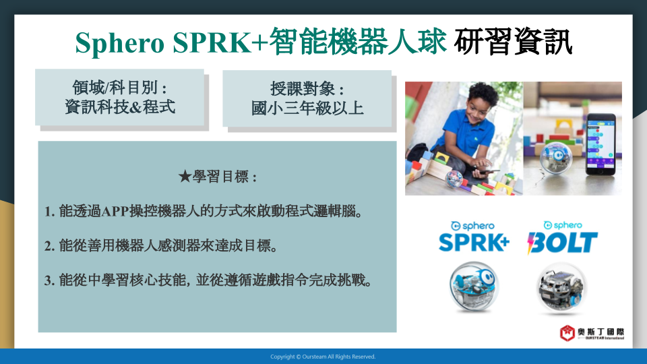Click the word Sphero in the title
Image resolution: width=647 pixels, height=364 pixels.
pyautogui.click(x=120, y=42)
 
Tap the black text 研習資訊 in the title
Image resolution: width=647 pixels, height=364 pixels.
pyautogui.click(x=513, y=41)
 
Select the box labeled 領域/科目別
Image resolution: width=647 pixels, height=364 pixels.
pyautogui.click(x=120, y=97)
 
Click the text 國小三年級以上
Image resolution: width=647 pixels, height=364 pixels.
pyautogui.click(x=307, y=109)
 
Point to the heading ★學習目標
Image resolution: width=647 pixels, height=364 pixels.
pyautogui.click(x=218, y=177)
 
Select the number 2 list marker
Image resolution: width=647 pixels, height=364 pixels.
pyautogui.click(x=49, y=246)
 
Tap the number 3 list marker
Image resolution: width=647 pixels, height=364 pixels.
pyautogui.click(x=49, y=280)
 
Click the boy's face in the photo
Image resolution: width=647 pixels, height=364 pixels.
pyautogui.click(x=481, y=107)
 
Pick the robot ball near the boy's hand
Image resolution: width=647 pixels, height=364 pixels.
pyautogui.click(x=454, y=179)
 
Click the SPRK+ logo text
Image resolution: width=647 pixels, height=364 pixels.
pyautogui.click(x=474, y=242)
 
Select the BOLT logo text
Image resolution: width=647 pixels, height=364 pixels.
pyautogui.click(x=562, y=242)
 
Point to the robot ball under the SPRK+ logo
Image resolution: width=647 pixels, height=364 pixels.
pyautogui.click(x=474, y=286)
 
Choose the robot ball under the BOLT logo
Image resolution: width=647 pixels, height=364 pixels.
pyautogui.click(x=561, y=287)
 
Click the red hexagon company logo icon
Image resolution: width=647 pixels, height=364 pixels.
pyautogui.click(x=567, y=332)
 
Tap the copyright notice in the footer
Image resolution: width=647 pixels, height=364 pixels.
pyautogui.click(x=323, y=357)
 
